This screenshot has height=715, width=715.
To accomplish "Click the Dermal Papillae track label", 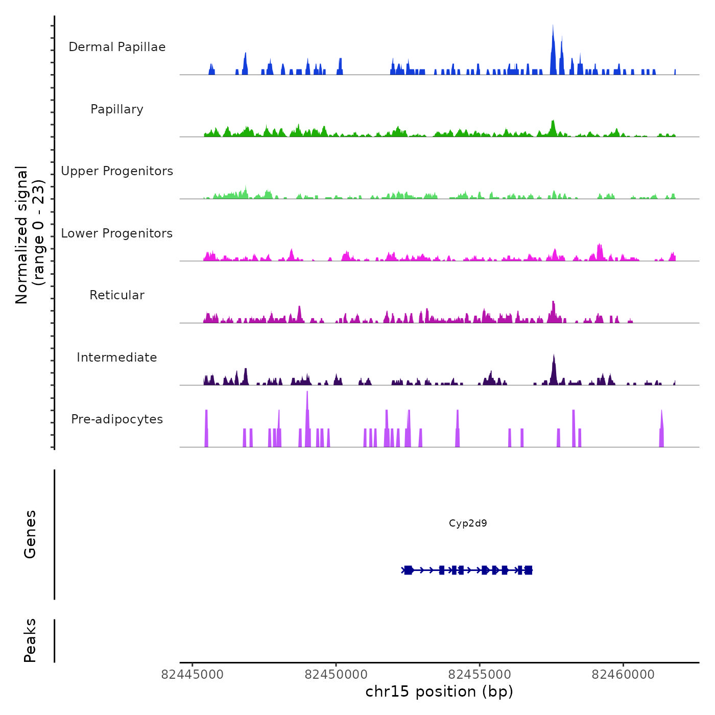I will [117, 47].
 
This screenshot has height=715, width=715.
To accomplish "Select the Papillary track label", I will [117, 109].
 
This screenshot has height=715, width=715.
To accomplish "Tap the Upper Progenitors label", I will [117, 171].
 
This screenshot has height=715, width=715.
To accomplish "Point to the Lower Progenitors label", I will [117, 233].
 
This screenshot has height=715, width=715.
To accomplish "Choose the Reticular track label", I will [117, 295].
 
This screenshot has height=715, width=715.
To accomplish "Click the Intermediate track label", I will [117, 357].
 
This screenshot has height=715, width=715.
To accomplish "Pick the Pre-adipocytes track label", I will [117, 419].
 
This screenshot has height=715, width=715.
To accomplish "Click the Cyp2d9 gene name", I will [468, 523].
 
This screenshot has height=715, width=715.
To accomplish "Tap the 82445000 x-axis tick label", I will [193, 674].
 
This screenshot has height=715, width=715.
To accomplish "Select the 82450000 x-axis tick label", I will [336, 674].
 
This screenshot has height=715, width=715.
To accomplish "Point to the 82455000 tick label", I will [480, 674].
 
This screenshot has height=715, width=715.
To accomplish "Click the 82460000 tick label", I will [623, 674].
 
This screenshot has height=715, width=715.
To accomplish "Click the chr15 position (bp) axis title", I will [439, 692].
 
